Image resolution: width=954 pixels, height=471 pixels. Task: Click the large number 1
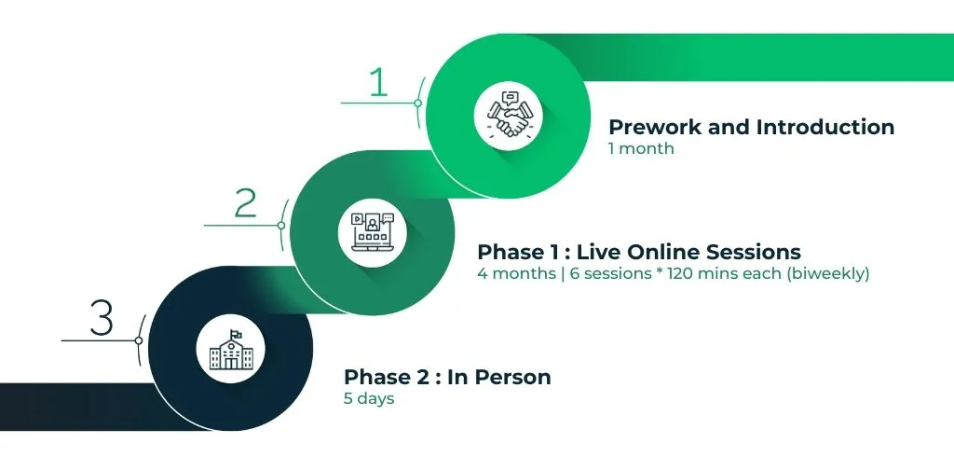[x=379, y=82]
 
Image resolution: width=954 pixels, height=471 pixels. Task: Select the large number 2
[x=246, y=203]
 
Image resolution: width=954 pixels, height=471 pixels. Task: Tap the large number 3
[x=102, y=319]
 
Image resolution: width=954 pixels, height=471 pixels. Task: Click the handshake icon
[x=510, y=114]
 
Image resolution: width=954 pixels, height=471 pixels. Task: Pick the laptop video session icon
[x=373, y=232]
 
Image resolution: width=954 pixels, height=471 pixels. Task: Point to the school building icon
[x=231, y=350]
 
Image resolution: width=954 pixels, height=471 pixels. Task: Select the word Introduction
[x=825, y=128]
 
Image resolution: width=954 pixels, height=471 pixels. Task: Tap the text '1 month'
[x=641, y=148]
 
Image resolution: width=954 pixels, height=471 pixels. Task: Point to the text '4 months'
[x=513, y=273]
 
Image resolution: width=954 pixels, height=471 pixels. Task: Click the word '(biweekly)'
[x=828, y=274]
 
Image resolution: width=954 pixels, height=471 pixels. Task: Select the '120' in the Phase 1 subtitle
[x=681, y=273]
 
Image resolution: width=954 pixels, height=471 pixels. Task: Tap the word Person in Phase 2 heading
[x=513, y=377]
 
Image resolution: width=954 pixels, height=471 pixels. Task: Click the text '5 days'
[x=369, y=399]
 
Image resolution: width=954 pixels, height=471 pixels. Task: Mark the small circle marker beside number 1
[x=418, y=103]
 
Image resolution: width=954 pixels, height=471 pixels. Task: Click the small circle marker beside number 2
[x=281, y=226]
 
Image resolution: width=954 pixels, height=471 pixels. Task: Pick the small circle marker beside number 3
[x=139, y=340]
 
